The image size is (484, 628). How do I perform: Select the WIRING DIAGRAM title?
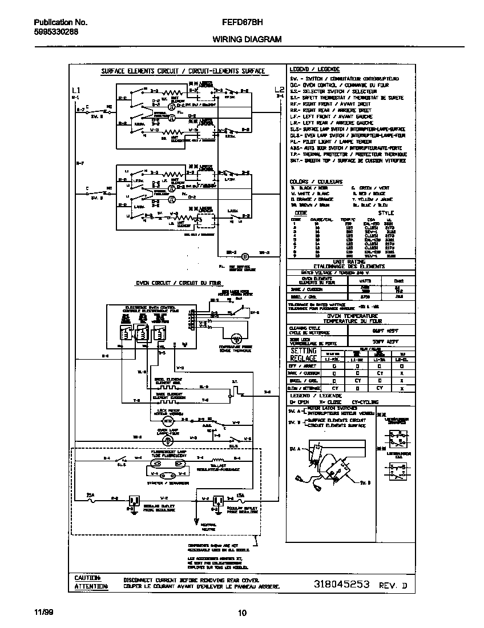click(247, 39)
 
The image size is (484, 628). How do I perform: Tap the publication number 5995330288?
click(52, 32)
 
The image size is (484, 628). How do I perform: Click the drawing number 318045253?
click(342, 585)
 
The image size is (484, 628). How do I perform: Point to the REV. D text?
click(394, 586)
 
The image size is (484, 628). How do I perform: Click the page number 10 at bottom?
click(242, 613)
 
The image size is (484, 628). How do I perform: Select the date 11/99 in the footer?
click(42, 613)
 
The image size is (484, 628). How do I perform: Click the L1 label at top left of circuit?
click(76, 91)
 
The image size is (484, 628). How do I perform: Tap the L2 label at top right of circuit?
click(279, 90)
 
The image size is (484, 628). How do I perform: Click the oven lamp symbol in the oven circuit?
click(166, 441)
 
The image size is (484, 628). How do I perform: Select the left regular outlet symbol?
click(134, 501)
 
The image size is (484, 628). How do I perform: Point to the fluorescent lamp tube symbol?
click(167, 473)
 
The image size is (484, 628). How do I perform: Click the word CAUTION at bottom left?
click(87, 578)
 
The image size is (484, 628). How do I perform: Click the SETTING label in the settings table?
click(303, 351)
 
